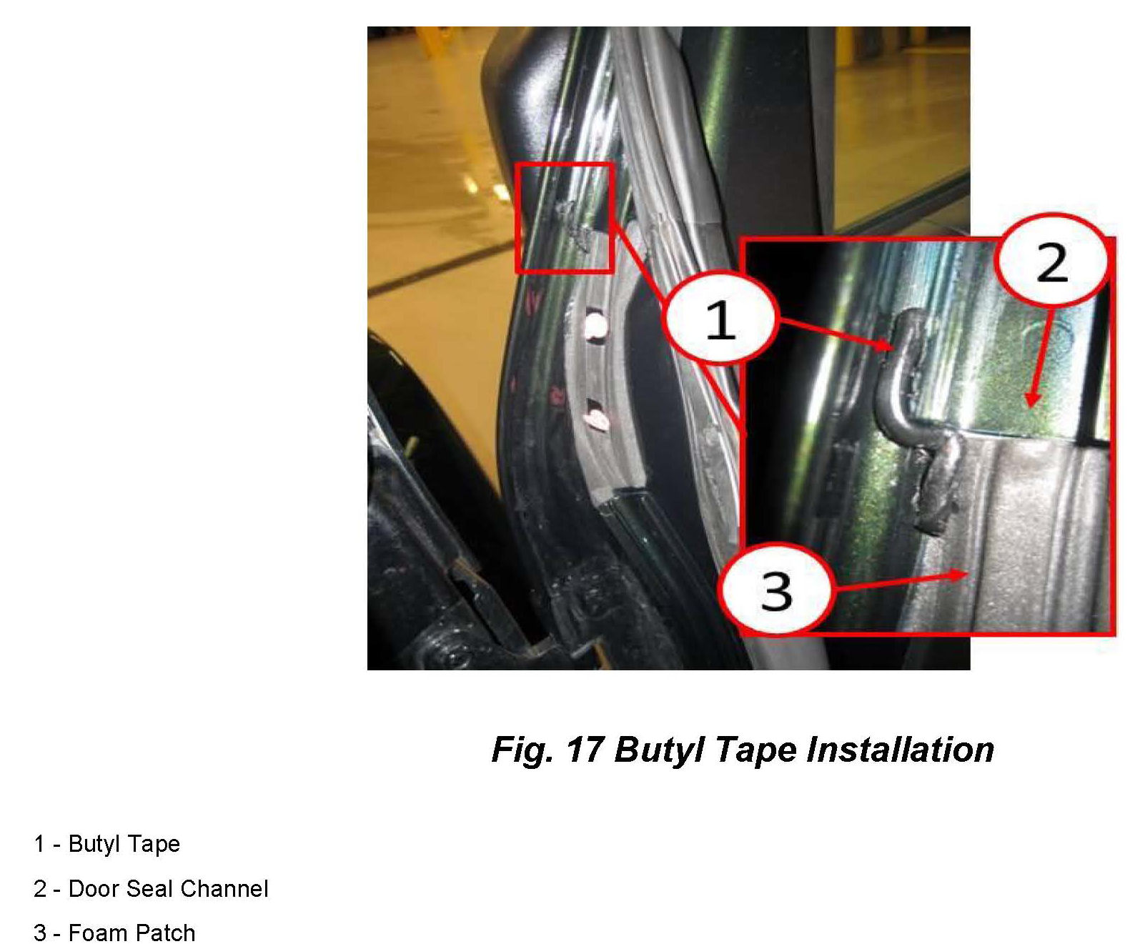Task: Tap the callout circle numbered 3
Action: click(776, 590)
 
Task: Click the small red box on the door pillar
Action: click(565, 217)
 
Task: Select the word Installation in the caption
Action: click(900, 750)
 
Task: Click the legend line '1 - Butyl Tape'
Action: click(106, 844)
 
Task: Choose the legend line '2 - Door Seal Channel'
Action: click(151, 889)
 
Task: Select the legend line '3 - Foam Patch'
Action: click(114, 933)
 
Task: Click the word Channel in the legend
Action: click(224, 889)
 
